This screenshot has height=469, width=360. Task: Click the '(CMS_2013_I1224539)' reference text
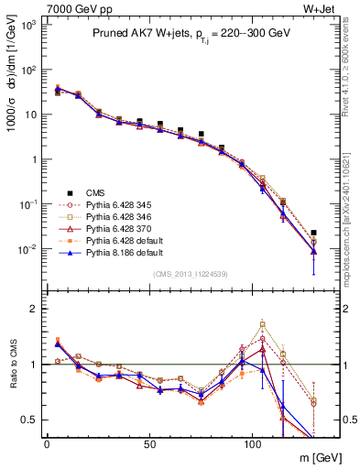coord(191,272)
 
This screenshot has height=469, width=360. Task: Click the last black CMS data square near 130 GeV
coord(314,233)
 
